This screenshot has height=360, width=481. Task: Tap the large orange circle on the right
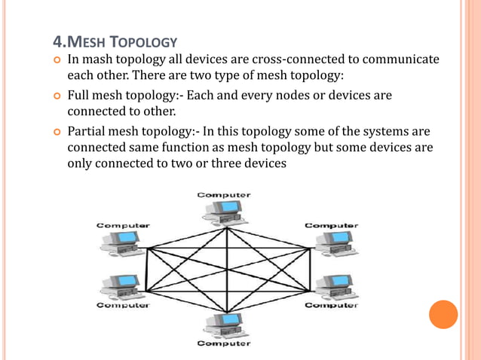pyautogui.click(x=443, y=314)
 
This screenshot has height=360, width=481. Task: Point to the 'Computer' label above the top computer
pyautogui.click(x=224, y=195)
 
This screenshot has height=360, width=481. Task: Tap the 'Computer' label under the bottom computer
pyautogui.click(x=224, y=344)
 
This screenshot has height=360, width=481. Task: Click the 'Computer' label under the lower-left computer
pyautogui.click(x=123, y=306)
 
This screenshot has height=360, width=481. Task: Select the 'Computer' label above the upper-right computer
pyautogui.click(x=331, y=225)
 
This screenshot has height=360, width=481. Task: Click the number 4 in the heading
pyautogui.click(x=57, y=40)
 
